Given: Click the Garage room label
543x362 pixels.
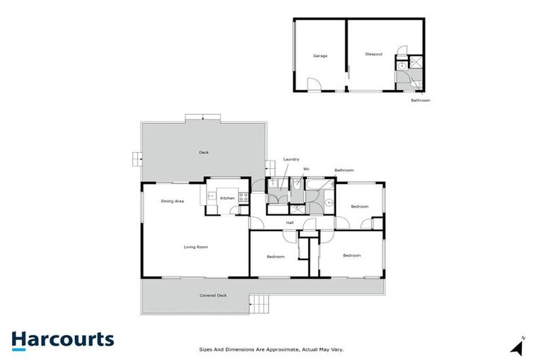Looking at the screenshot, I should point(320,55).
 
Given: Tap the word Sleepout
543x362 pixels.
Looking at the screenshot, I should point(373,54).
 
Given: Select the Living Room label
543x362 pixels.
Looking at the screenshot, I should point(195,247).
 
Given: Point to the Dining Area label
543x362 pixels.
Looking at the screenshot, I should point(172,202).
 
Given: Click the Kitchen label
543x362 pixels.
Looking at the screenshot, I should point(227,198).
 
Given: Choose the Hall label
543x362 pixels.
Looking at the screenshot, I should point(290,223).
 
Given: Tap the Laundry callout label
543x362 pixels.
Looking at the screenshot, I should point(291,159).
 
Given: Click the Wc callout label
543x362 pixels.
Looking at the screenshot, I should point(306,169).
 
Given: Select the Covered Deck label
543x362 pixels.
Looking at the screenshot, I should point(213,295).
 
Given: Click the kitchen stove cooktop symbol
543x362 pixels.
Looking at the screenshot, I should point(243,198).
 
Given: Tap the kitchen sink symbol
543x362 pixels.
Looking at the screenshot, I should point(211,195).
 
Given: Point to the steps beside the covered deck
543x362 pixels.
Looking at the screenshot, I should point(259,305).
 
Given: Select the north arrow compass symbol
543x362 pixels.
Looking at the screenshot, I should point(518,346).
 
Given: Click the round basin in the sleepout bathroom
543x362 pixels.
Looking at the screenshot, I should point(402,66).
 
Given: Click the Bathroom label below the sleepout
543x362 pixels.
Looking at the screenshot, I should point(420,100).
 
